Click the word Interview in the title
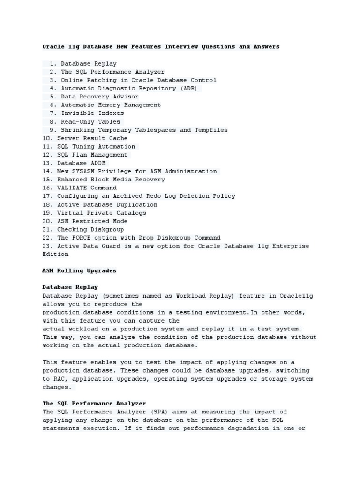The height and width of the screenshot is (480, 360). pos(181,47)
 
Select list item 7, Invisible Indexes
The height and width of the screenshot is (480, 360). pos(92,113)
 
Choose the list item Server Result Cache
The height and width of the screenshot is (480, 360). pos(92,138)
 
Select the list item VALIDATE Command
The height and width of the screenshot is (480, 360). pos(87,188)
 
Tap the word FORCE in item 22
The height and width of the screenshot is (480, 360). pos(85,238)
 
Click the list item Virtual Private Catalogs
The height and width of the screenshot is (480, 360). pos(101,213)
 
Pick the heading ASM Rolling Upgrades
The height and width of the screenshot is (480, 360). pos(79,271)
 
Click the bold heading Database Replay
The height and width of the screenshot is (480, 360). pos(70,287)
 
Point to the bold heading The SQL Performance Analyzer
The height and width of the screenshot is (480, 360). pos(94,403)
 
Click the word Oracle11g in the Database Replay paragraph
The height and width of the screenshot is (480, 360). pos(296,295)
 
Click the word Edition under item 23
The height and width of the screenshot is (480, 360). pos(55,254)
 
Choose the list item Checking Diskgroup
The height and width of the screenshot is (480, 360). pos(90,229)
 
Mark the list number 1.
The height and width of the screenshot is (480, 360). pos(52,63)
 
